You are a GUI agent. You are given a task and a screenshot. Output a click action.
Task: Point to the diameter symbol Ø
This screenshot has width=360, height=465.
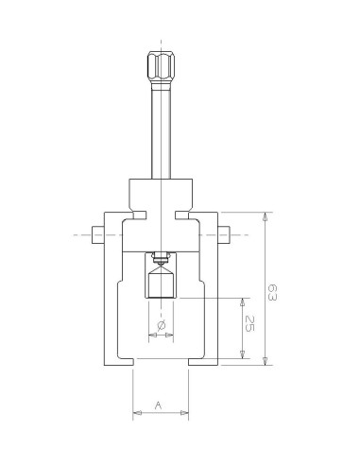point(161,325)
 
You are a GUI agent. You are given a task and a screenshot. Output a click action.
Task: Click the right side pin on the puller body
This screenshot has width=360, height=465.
point(226,234)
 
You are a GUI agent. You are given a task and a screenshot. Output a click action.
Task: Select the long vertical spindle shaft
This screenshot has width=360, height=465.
point(161,132)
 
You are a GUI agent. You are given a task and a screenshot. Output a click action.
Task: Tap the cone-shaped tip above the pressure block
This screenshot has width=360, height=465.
point(161,267)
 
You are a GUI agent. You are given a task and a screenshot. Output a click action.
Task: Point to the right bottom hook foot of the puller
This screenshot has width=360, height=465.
point(203,360)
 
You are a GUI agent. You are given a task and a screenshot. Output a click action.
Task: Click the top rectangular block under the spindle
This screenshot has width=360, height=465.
point(161,195)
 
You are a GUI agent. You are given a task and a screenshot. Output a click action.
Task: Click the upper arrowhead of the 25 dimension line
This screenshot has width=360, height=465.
point(243,301)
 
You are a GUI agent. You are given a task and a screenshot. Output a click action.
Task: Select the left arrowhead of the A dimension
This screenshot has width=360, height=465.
point(136,412)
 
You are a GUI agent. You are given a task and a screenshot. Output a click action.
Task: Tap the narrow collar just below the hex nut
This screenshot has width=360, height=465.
point(161,87)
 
